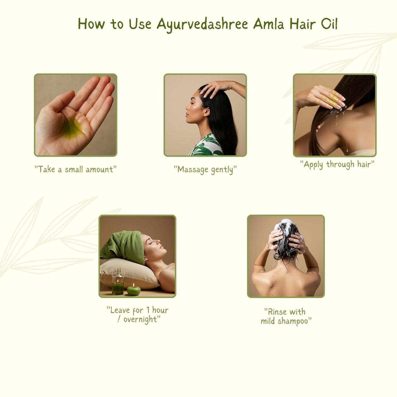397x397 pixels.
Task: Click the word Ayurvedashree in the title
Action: [x=202, y=24]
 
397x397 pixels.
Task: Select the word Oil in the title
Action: [x=329, y=24]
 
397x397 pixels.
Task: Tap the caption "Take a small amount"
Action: [x=76, y=169]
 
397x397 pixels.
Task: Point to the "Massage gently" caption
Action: [x=205, y=170]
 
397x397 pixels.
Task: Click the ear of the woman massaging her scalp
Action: [x=206, y=111]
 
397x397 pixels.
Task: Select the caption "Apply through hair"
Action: [x=337, y=164]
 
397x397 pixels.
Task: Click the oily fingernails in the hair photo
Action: [x=336, y=99]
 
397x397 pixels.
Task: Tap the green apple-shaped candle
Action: [x=134, y=290]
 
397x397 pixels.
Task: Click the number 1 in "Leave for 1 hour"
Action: [x=148, y=310]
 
